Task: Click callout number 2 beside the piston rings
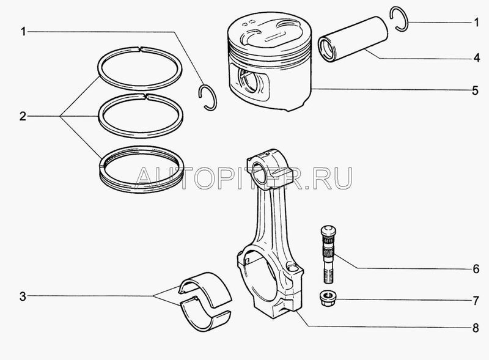point(23,117)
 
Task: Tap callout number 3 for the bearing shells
point(23,296)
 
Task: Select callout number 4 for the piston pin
point(476,58)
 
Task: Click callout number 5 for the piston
point(476,90)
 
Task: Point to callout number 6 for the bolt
point(476,268)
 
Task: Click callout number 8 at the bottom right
point(476,328)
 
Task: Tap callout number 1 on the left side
point(23,32)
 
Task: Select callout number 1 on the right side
point(476,23)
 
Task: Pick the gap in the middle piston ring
point(145,96)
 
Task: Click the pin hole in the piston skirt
point(250,81)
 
